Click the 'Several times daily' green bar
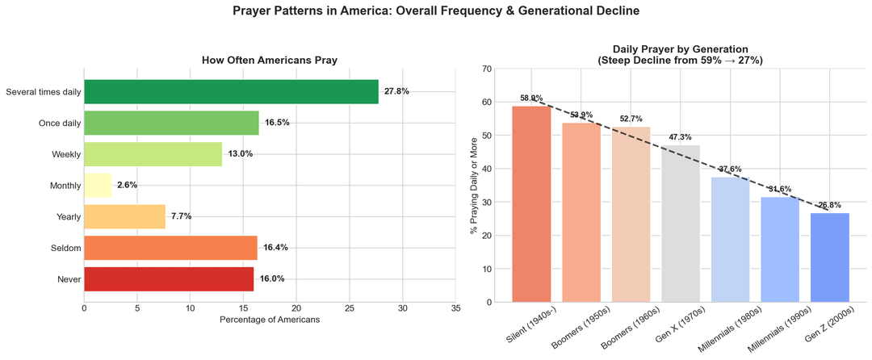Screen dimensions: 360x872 231,92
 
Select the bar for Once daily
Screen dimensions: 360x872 171,123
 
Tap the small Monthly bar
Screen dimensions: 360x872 98,185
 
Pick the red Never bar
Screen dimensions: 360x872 169,278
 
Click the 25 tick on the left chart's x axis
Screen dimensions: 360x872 350,308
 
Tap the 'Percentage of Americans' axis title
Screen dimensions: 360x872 270,320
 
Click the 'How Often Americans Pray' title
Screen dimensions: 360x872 270,61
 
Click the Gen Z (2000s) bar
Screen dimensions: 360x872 830,257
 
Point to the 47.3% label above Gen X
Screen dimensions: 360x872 681,137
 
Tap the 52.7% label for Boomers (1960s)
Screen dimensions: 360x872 631,119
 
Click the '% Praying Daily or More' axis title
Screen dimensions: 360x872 474,186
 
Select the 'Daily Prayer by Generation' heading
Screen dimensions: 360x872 680,49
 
